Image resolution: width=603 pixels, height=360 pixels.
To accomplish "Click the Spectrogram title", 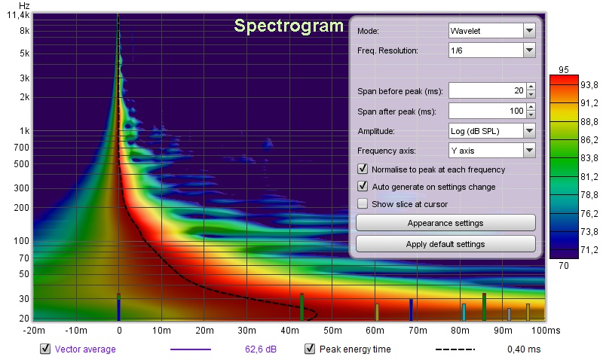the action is point(289,26).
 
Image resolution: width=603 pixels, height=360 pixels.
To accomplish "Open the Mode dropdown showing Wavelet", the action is point(492,31).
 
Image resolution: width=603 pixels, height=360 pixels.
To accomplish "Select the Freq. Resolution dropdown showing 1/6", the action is point(492,50).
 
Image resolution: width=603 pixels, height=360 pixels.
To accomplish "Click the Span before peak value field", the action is point(487,90).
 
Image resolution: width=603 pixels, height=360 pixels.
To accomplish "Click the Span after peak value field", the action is point(487,111).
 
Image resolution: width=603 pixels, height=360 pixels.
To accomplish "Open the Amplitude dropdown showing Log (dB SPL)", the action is point(492,131).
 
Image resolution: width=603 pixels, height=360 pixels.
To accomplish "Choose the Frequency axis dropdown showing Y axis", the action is point(492,151).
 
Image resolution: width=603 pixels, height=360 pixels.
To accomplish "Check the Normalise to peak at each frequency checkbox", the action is point(363,169).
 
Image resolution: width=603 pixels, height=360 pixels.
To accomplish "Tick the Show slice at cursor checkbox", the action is point(363,203).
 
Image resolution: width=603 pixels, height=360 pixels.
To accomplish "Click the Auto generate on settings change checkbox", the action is point(363,186).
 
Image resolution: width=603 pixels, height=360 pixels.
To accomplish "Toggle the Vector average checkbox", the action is point(45,349).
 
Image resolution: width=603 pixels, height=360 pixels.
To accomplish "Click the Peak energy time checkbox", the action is point(310,349).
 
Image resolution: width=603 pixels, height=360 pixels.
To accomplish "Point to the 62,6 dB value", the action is point(261,349).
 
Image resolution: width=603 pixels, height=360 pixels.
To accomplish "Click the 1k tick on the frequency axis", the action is point(25,131).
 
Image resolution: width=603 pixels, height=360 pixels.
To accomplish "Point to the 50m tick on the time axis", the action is point(332,331).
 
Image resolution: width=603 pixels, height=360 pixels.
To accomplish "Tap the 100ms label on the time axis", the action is point(546,331).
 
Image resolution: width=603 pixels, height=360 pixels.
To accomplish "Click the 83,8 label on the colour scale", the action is point(589,158).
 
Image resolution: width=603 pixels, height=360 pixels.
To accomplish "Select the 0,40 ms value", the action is point(524,349).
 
